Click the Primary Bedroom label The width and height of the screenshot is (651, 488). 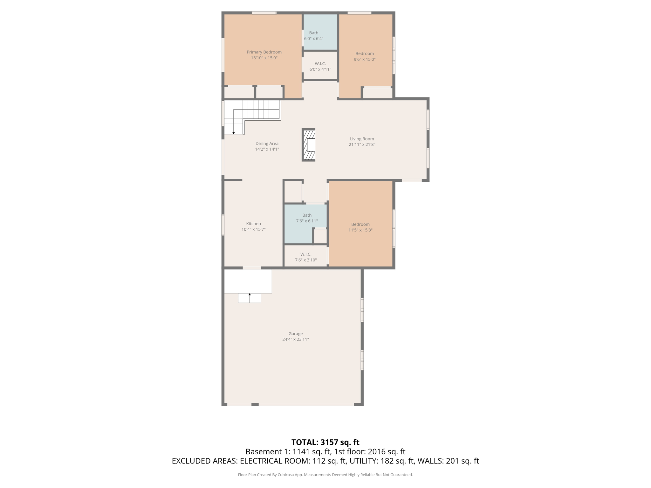(264, 52)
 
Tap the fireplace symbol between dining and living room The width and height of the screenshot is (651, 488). (308, 145)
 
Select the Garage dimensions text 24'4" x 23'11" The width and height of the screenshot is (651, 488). (295, 339)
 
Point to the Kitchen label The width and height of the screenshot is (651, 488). (253, 224)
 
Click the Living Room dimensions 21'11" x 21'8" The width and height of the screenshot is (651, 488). (362, 145)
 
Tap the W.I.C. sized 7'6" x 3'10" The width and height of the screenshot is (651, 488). (305, 257)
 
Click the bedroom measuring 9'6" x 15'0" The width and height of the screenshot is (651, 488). (365, 57)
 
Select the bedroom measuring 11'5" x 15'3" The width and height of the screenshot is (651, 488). (360, 227)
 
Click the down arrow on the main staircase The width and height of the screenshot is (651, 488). (234, 132)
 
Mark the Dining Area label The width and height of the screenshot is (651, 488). (267, 144)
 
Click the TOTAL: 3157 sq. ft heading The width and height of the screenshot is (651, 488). (325, 442)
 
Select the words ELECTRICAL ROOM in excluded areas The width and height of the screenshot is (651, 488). (275, 461)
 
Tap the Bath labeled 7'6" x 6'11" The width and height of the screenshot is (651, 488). (307, 218)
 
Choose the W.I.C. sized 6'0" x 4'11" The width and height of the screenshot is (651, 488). (320, 66)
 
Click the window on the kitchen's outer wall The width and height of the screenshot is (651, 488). (223, 225)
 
